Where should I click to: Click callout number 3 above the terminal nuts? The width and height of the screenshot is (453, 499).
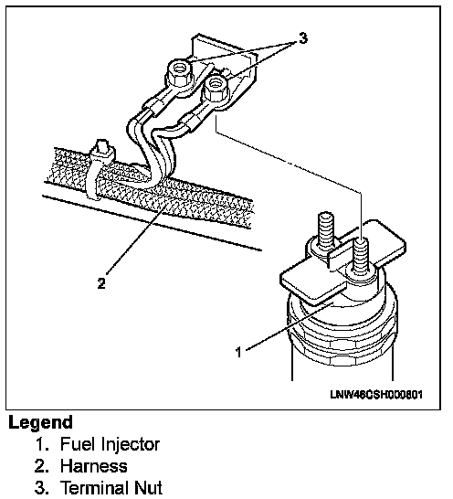pos(303,38)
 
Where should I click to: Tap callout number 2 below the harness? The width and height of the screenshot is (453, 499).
pos(101,283)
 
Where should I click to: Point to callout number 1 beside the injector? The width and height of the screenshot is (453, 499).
pos(238,352)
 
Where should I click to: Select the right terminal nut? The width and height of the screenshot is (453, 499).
pos(216,88)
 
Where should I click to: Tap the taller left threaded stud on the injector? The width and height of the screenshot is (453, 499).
pos(326,231)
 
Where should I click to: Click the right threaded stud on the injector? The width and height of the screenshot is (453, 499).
pos(361,256)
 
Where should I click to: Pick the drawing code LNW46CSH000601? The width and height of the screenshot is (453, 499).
pos(376,395)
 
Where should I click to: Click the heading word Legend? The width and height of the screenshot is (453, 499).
pos(41,423)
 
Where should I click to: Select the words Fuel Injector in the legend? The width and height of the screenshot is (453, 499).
pos(111,444)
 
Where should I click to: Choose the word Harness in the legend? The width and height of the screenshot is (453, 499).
pos(94,466)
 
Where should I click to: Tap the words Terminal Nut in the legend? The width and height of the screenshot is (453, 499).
pos(111,488)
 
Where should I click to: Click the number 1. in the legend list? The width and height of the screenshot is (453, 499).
pos(42,444)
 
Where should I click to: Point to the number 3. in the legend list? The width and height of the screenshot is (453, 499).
pos(42,488)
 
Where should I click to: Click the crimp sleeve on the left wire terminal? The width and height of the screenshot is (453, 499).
pos(153,106)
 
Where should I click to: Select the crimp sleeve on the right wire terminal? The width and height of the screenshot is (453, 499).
pos(189,122)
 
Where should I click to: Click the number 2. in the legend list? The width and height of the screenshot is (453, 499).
pos(42,466)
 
